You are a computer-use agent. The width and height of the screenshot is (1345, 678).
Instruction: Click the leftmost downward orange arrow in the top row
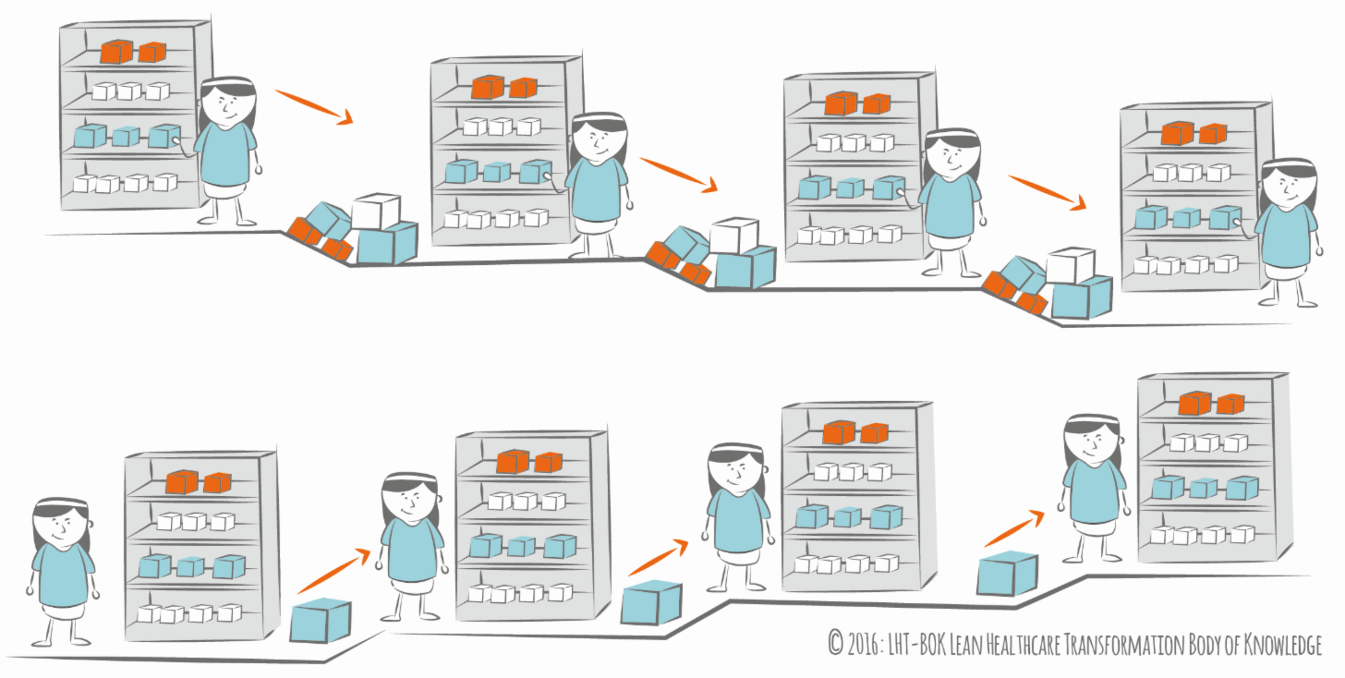(314, 107)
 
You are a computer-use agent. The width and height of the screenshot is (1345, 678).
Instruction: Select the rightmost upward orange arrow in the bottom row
(1014, 528)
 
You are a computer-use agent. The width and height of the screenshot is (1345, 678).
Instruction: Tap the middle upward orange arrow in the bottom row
(658, 557)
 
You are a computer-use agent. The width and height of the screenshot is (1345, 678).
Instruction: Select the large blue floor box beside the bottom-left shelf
(320, 620)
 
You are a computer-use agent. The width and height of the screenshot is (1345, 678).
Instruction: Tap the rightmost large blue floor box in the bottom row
(1007, 573)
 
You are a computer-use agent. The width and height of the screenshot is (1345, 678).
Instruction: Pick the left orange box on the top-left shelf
(117, 51)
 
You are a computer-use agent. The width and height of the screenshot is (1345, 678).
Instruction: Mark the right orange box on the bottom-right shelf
(1230, 403)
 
